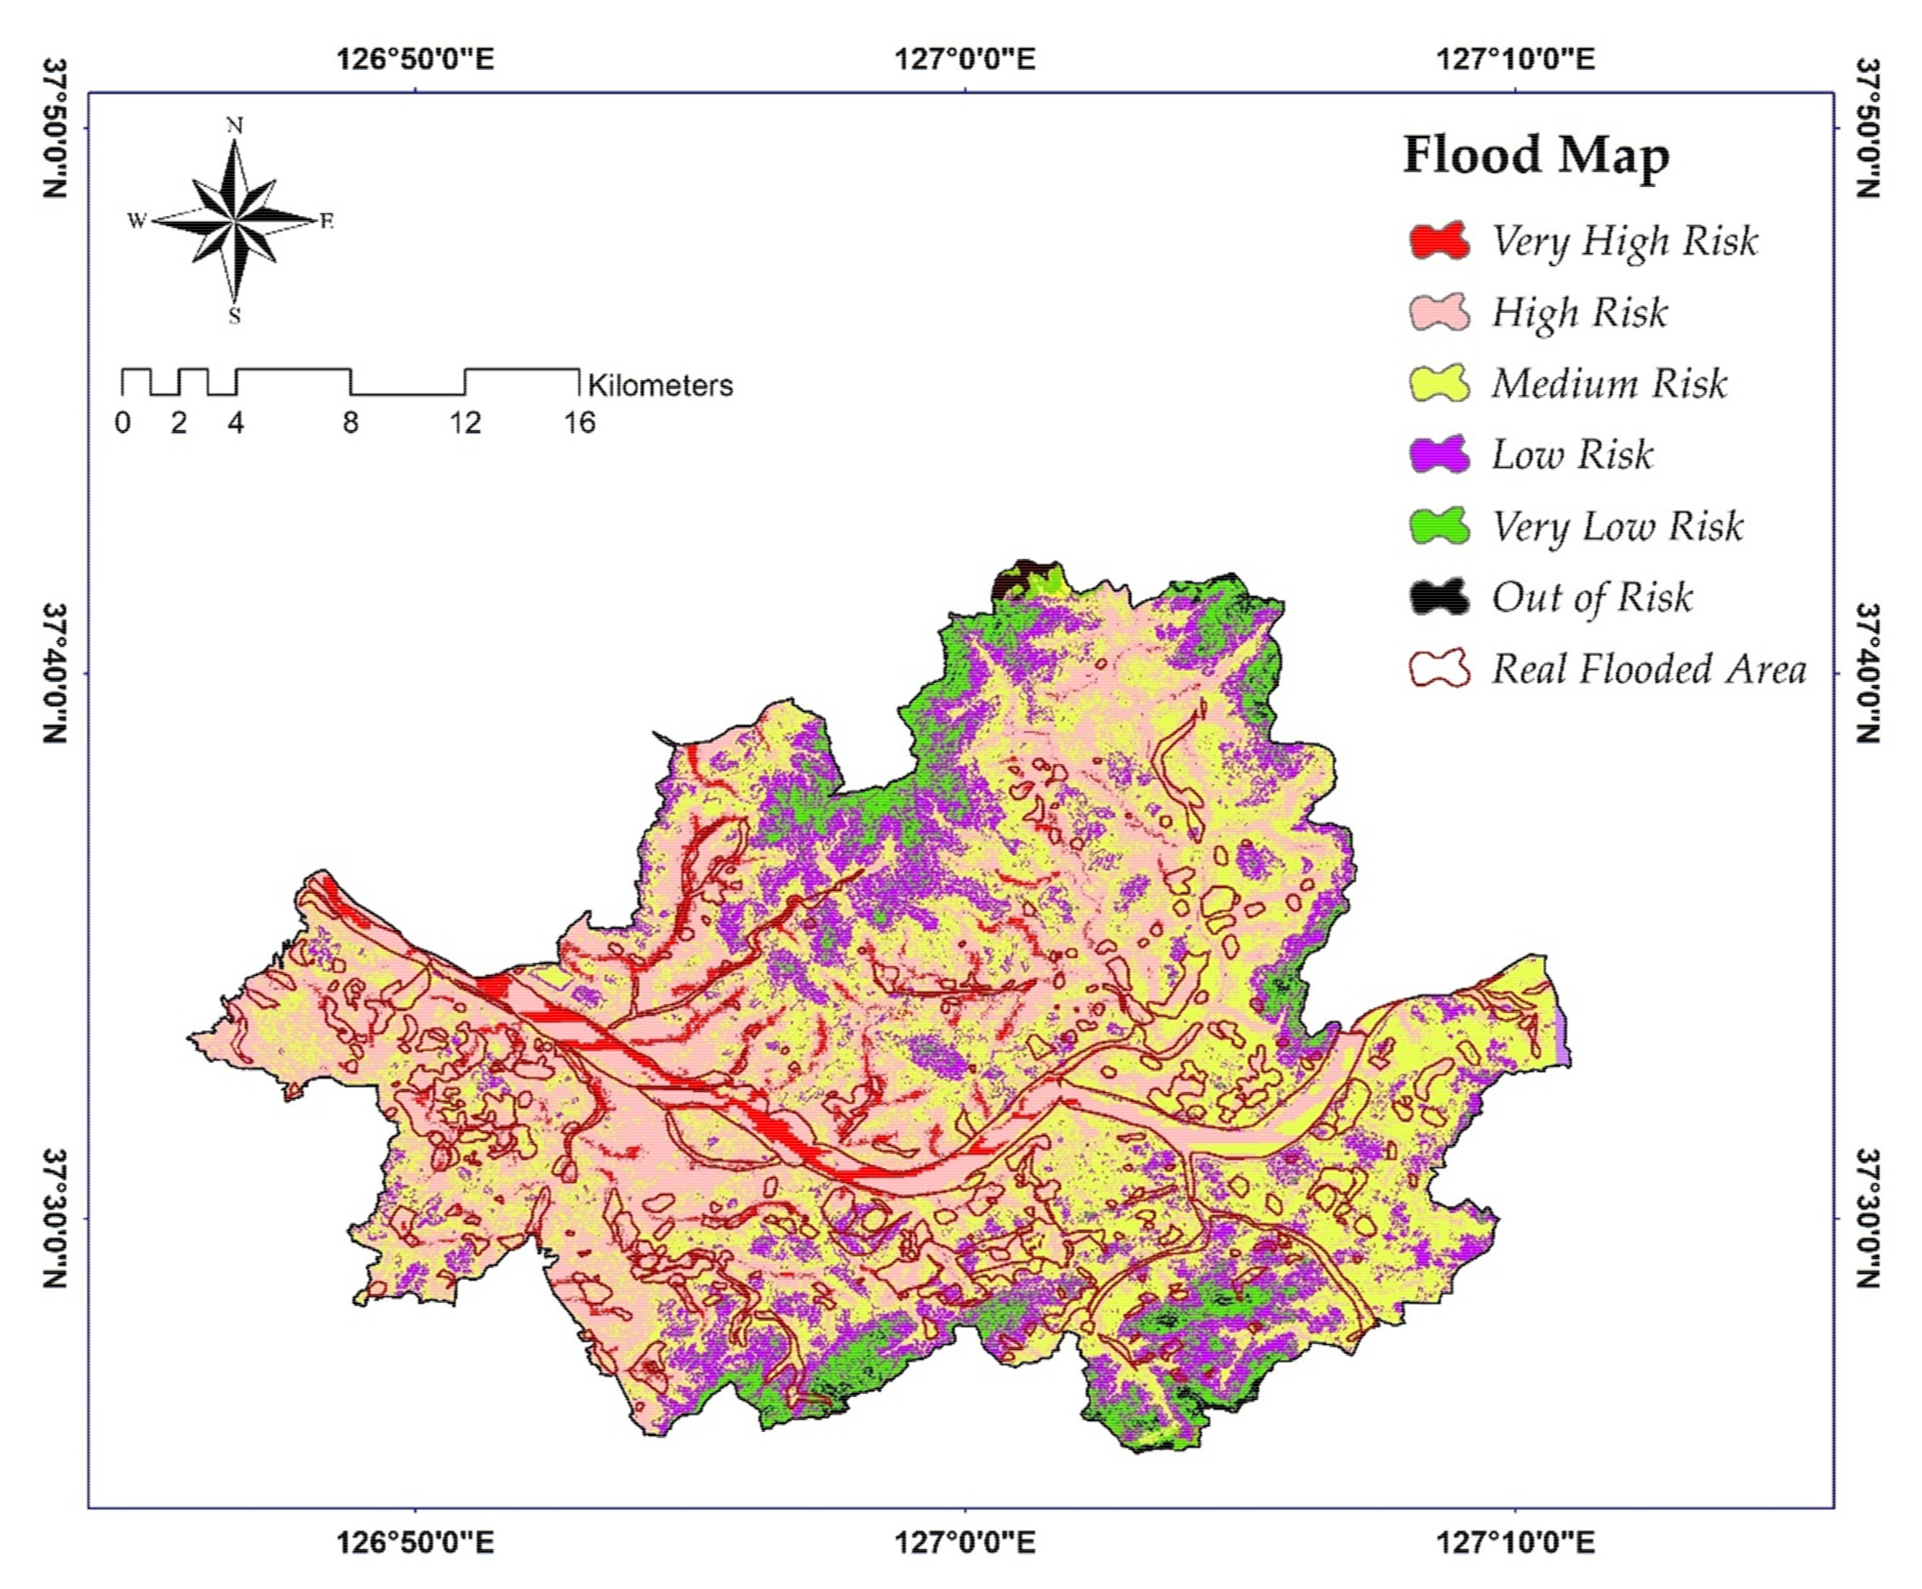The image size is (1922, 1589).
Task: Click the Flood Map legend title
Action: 1536,156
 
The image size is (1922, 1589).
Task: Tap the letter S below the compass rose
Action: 235,317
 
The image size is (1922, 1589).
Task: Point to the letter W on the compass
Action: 137,220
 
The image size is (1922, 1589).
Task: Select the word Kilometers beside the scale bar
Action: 660,386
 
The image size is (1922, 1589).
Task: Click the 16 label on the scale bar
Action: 580,423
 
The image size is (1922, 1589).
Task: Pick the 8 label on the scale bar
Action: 350,423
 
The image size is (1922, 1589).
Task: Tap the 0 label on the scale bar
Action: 122,423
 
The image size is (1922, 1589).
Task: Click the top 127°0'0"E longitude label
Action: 965,60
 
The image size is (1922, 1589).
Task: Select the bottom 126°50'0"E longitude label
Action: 415,1542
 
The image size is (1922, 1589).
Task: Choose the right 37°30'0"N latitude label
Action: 1867,1218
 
